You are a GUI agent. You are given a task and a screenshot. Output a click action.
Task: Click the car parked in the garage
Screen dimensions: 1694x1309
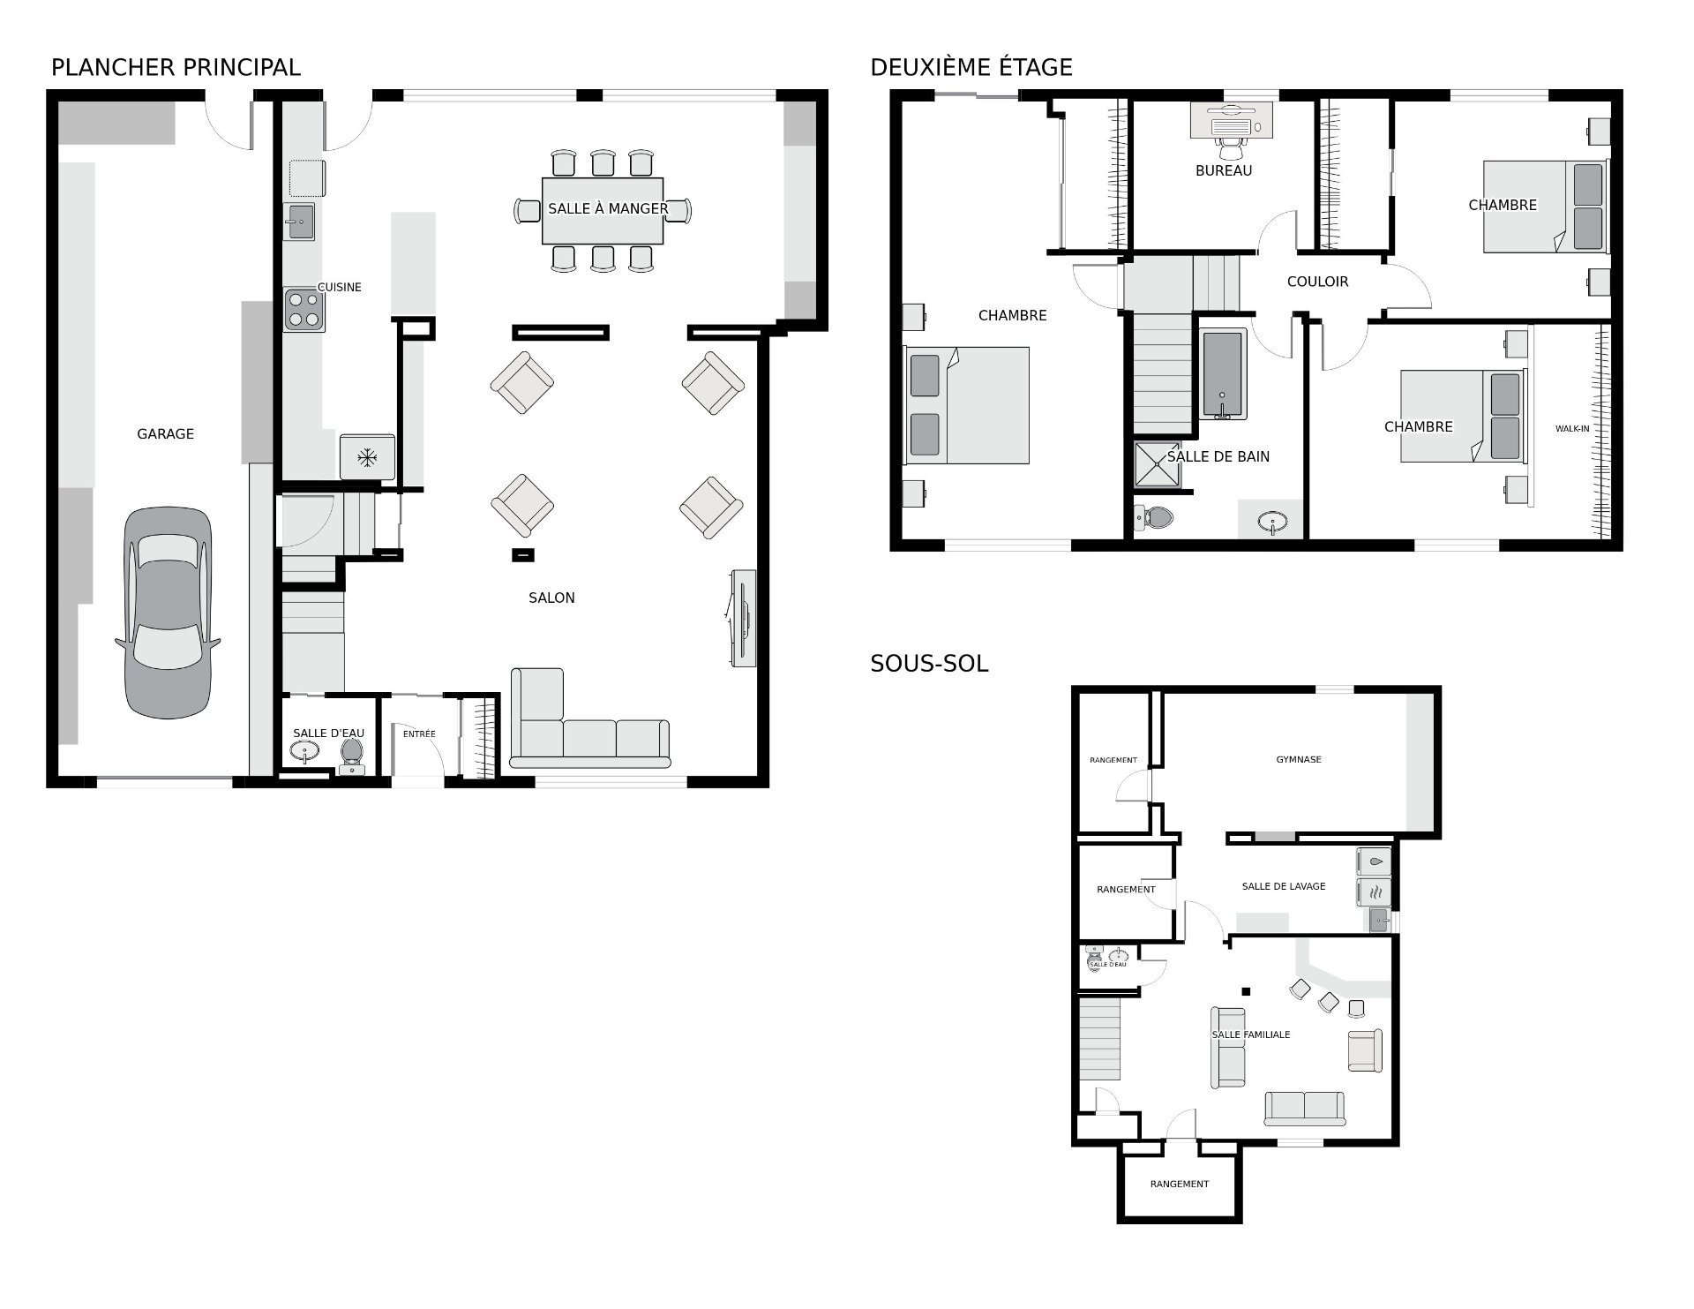click(x=168, y=613)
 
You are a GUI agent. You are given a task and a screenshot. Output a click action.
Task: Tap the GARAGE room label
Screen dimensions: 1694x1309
click(x=165, y=433)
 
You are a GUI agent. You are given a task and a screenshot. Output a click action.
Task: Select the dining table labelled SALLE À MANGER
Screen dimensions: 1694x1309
click(x=603, y=210)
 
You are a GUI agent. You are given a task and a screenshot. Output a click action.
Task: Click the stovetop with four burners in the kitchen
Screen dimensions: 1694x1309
click(x=304, y=310)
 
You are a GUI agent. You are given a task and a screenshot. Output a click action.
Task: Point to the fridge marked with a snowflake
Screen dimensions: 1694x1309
click(x=367, y=456)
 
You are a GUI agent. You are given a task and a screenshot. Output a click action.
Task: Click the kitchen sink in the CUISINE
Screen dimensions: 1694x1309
click(x=300, y=221)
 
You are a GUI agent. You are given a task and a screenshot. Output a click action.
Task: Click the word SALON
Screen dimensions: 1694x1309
click(x=551, y=598)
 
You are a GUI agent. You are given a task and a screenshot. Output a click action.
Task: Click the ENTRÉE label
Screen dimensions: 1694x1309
click(x=419, y=733)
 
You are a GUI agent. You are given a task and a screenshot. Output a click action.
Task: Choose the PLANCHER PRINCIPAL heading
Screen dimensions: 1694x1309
click(x=176, y=67)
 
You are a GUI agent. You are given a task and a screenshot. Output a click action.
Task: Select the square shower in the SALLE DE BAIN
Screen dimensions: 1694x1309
click(x=1158, y=464)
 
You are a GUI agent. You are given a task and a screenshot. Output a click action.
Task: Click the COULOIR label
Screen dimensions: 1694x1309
click(x=1317, y=282)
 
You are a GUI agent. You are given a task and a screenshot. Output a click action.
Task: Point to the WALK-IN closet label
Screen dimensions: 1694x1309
click(x=1572, y=429)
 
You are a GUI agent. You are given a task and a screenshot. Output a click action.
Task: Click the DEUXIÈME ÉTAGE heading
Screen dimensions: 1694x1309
click(x=971, y=67)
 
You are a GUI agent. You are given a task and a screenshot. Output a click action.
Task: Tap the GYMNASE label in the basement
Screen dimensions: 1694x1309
click(x=1299, y=759)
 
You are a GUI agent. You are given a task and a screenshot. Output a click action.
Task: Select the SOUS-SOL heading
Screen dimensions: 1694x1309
click(x=929, y=663)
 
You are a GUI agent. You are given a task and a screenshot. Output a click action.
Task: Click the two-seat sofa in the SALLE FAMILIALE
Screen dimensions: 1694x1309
click(x=1305, y=1109)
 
